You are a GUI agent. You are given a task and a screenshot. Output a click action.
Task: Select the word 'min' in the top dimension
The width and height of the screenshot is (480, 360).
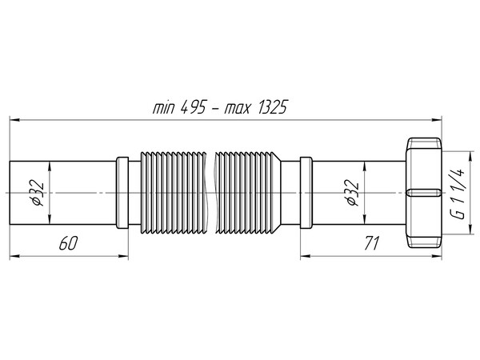(x=164, y=109)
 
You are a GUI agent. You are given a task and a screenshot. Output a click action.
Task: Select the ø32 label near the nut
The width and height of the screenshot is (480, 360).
(x=353, y=192)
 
